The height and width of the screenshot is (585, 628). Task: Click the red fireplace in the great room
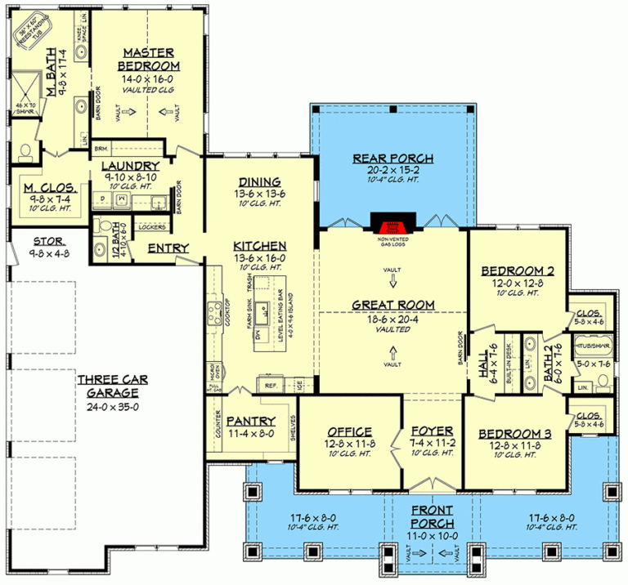392,224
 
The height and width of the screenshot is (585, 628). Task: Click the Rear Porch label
392,159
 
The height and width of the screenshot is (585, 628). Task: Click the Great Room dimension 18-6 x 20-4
392,319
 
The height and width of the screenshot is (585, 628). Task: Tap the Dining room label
259,181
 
